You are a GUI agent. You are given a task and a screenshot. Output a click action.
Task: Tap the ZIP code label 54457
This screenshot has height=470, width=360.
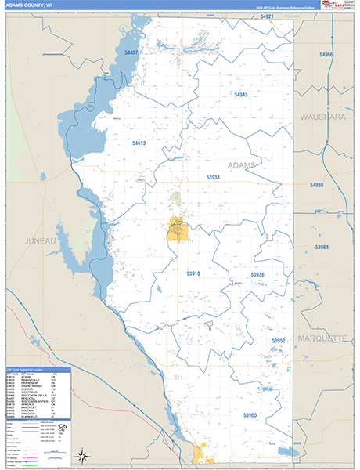tap(131, 52)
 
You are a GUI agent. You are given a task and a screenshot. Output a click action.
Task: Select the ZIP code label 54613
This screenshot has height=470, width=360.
tap(139, 143)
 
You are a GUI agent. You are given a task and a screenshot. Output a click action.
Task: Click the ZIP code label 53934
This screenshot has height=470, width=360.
tap(213, 178)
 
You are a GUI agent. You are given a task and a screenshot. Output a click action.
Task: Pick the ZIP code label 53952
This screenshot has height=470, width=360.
tap(279, 341)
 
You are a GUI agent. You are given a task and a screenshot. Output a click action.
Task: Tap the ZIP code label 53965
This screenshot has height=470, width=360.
tap(250, 414)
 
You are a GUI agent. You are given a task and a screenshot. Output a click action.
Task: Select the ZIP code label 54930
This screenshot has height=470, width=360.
tap(316, 185)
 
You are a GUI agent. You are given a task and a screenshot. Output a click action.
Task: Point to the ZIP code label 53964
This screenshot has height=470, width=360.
tap(322, 248)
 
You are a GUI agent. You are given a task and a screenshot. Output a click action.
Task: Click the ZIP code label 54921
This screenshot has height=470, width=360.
tap(267, 16)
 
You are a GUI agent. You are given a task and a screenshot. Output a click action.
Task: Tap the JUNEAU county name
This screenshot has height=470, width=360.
tap(41, 240)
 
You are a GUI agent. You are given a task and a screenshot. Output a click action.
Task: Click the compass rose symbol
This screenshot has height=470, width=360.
tap(82, 454)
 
